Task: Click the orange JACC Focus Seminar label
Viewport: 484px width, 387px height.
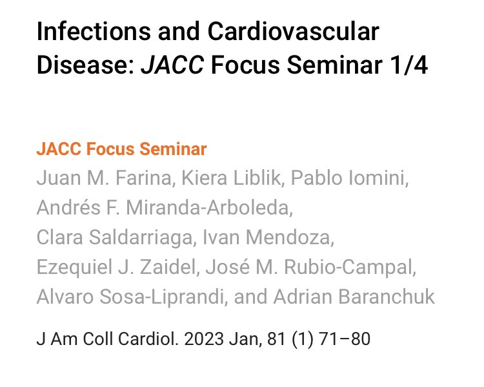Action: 121,149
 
